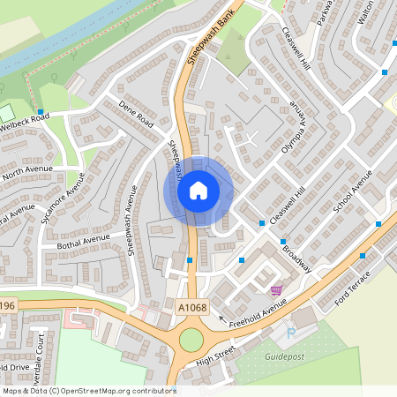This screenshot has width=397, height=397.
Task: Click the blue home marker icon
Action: point(198,190)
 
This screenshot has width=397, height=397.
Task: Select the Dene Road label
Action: point(136,114)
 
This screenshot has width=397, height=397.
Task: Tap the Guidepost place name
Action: point(285,356)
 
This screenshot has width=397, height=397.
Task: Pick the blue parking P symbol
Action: point(291,333)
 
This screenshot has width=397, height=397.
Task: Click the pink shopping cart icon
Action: point(276,289)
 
